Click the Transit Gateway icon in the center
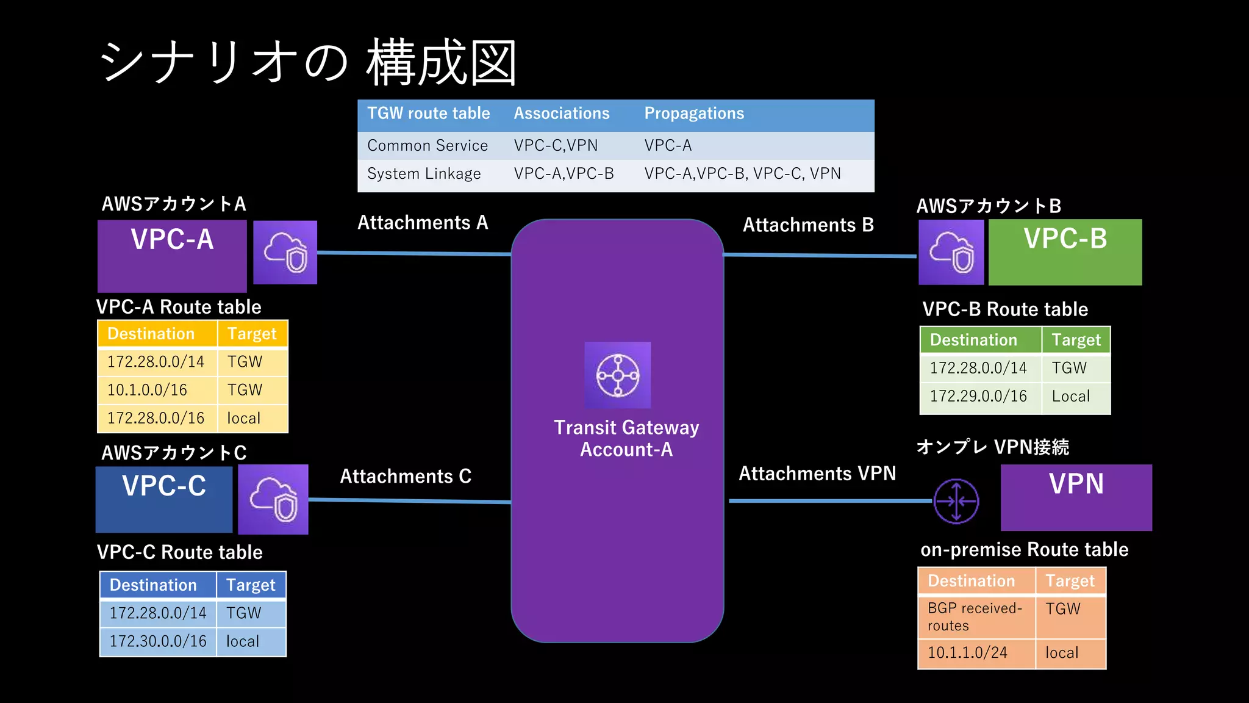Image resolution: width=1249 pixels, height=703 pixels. point(617,375)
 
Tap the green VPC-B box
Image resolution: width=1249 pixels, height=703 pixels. point(1065,252)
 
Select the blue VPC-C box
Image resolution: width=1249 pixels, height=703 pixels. point(164,499)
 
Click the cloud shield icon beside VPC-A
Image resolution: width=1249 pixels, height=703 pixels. point(285,253)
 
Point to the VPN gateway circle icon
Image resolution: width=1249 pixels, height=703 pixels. point(956,501)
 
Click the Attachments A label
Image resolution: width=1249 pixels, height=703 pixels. point(423,223)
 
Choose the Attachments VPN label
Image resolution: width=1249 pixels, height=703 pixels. point(817,474)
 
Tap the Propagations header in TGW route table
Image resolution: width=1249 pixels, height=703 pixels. point(694,114)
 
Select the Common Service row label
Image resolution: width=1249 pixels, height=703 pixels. point(428,146)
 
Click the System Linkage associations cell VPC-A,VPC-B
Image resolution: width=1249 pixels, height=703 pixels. point(564,174)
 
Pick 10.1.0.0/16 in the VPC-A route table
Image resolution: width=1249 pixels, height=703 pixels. point(147,390)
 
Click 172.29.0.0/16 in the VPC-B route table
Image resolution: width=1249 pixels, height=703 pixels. point(978,396)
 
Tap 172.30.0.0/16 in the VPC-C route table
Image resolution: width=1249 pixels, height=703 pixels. point(158,641)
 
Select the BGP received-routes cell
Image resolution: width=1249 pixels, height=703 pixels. point(975,616)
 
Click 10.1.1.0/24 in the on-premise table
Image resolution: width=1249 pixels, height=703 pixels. point(967,653)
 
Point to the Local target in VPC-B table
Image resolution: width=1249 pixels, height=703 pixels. point(1070,396)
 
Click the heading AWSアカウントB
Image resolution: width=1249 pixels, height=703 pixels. point(989,206)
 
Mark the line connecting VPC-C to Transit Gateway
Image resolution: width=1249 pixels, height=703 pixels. point(409,501)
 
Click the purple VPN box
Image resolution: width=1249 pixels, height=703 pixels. point(1076,497)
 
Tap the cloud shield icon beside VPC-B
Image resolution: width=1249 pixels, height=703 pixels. point(951,253)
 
